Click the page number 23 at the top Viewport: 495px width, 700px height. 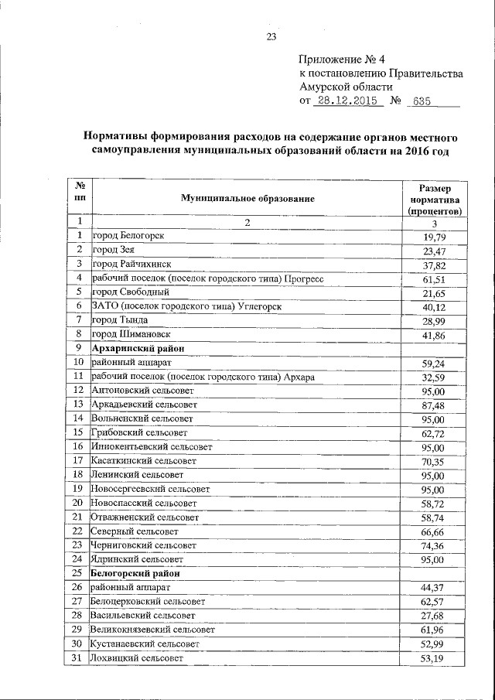click(271, 37)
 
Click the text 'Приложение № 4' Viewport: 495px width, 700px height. click(340, 60)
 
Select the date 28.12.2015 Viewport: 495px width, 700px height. click(344, 101)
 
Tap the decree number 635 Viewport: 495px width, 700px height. click(422, 101)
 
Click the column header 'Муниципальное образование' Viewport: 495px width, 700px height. click(247, 199)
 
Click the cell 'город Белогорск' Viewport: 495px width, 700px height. click(128, 235)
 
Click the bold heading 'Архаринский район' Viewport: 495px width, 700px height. click(135, 348)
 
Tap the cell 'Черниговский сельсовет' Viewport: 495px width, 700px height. click(145, 545)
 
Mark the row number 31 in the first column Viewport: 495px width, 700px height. click(77, 658)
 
